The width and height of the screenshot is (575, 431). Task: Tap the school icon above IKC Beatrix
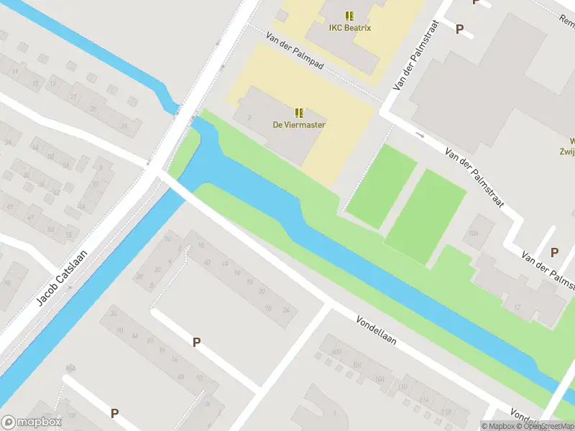pos(349,15)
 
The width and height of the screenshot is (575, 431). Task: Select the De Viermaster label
pos(299,125)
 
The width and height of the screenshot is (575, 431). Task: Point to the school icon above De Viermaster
pos(299,113)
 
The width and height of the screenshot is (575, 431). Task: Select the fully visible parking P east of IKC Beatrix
pos(460,29)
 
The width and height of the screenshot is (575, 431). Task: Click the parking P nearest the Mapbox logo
pos(114,413)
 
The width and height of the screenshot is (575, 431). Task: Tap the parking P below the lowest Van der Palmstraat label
pos(554,252)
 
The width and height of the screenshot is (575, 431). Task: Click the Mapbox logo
pos(31,422)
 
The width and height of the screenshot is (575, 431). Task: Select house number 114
pos(425,401)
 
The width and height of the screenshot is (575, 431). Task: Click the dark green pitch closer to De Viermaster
pos(381,185)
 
